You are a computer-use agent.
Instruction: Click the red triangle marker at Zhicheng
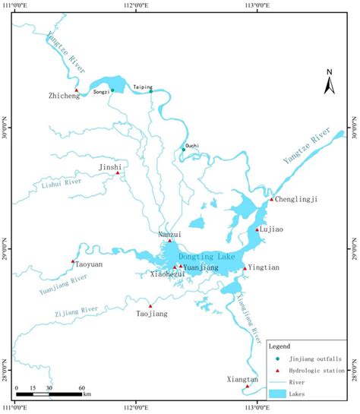point(76,90)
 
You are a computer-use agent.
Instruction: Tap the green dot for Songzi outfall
point(112,90)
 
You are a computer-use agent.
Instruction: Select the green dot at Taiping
point(150,91)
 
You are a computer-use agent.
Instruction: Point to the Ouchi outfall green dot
point(183,150)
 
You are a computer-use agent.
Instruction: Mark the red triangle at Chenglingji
point(272,199)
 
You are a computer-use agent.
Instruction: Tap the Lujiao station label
point(275,229)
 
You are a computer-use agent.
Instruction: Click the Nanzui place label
point(170,235)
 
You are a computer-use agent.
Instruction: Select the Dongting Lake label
point(204,256)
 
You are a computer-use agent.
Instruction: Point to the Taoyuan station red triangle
point(73,261)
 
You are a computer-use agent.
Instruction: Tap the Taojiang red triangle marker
point(150,306)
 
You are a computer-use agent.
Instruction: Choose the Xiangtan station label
point(242,378)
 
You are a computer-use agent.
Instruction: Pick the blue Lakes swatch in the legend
point(281,394)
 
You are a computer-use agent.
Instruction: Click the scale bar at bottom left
point(49,394)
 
